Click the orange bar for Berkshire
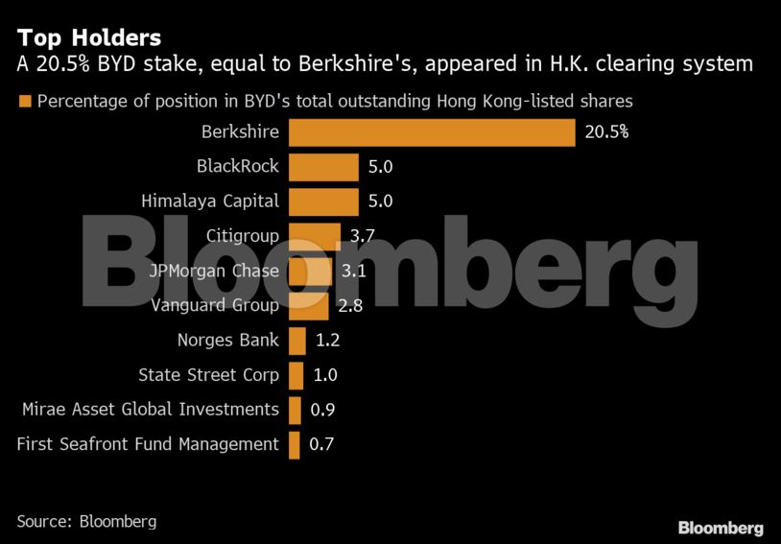432,131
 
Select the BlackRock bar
323,166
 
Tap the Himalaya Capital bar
323,201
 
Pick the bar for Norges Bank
297,340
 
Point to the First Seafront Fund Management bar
294,444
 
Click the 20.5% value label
606,131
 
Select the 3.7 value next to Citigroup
363,236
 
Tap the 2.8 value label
350,305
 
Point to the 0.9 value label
323,410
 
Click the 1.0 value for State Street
325,375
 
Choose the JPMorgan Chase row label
214,271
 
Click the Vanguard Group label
215,305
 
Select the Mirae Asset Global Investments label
151,410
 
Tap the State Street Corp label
208,375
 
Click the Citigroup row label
243,236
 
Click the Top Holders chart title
88,37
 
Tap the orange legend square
24,102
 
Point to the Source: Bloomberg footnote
86,522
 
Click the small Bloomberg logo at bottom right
721,528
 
